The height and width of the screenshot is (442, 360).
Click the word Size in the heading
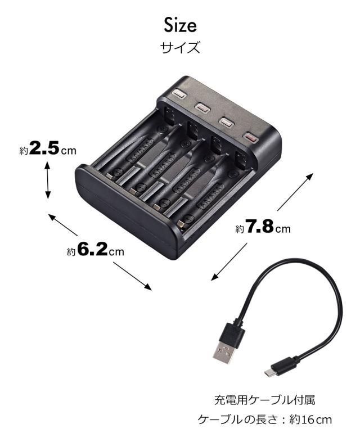pyautogui.click(x=180, y=25)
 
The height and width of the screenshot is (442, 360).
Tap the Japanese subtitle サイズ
pyautogui.click(x=180, y=47)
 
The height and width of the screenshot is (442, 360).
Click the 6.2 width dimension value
pyautogui.click(x=92, y=250)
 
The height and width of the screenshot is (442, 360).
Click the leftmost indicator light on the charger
pyautogui.click(x=179, y=94)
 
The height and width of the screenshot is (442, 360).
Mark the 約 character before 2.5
pyautogui.click(x=24, y=150)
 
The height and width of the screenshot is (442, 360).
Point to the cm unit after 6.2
pyautogui.click(x=116, y=251)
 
